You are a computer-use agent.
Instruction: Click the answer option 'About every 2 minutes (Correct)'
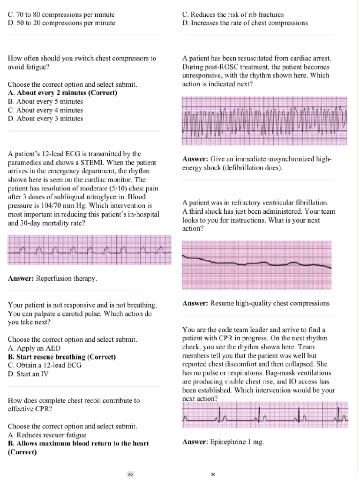(x=62, y=93)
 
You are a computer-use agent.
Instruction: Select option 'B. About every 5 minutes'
(x=45, y=101)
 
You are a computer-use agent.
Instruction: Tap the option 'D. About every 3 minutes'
(x=45, y=119)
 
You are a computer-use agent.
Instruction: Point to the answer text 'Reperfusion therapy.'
(x=53, y=278)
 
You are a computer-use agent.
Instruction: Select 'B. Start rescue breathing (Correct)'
(x=62, y=357)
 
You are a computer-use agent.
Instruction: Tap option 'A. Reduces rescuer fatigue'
(x=47, y=435)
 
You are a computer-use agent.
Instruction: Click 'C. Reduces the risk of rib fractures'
(x=232, y=15)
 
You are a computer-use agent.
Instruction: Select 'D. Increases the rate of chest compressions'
(x=245, y=23)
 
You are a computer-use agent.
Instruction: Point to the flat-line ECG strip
(x=257, y=264)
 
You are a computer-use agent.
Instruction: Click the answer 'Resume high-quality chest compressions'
(x=256, y=303)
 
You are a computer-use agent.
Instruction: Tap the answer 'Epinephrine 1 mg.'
(x=223, y=442)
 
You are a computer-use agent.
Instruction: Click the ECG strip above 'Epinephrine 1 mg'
(x=264, y=414)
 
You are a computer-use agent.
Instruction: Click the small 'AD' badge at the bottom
(x=131, y=474)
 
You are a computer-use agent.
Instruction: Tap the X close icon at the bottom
(x=213, y=474)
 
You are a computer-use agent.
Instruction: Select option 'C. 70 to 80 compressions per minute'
(x=61, y=15)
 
